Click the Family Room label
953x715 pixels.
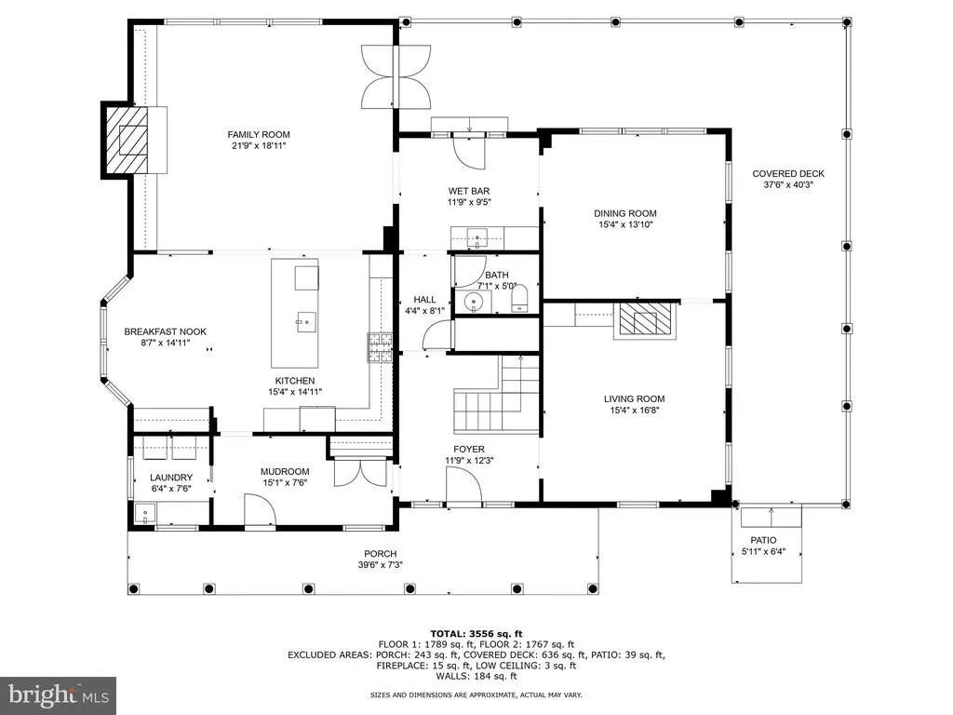point(259,134)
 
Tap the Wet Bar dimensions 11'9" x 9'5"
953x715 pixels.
point(469,202)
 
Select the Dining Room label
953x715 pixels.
point(625,213)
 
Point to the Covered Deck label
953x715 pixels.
point(788,174)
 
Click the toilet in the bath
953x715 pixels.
point(520,298)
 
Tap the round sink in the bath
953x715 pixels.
point(474,303)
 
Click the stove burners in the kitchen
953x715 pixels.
point(381,347)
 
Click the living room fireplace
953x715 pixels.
point(644,320)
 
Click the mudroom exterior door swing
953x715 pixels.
point(260,509)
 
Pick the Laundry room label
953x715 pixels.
point(171,478)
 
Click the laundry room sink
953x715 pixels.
point(146,514)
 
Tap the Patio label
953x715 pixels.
point(763,541)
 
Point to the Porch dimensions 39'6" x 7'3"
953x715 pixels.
point(381,565)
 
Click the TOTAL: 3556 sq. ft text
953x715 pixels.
point(476,634)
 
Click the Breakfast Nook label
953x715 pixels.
point(166,332)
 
